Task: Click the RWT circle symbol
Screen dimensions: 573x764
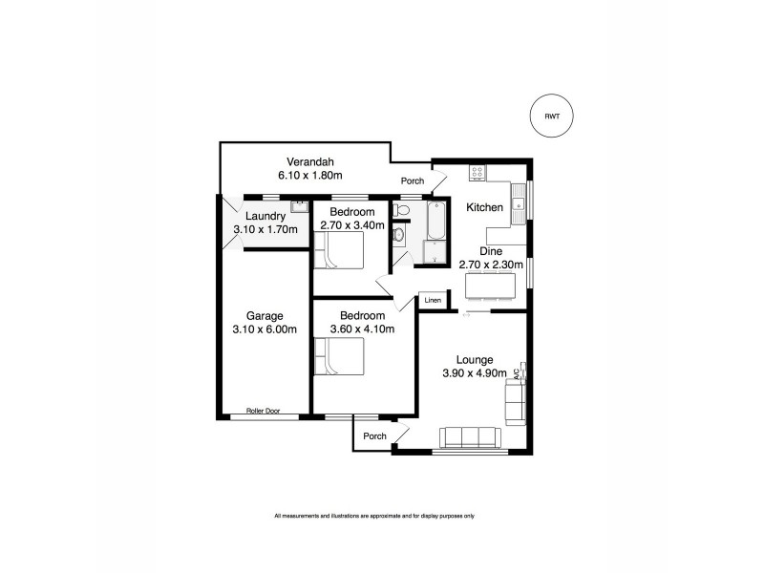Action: pos(552,116)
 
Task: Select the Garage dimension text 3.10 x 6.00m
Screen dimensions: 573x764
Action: pos(264,329)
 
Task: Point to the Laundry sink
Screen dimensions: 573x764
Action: pos(298,203)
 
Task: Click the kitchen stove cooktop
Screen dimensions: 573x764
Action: pos(477,173)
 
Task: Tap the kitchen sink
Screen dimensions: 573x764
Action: pos(520,200)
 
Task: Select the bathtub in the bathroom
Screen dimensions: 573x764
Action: pos(436,219)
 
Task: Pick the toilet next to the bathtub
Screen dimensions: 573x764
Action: pos(402,209)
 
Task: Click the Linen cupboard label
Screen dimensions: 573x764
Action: pos(433,301)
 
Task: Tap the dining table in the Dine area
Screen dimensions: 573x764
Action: pos(490,286)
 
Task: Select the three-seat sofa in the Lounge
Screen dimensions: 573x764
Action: pos(470,437)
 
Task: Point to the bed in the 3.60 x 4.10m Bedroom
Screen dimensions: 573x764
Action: pos(339,362)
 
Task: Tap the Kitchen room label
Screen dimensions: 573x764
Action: pos(484,207)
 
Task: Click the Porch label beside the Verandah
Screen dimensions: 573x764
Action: pos(413,180)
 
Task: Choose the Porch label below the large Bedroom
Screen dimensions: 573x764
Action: pos(374,436)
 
